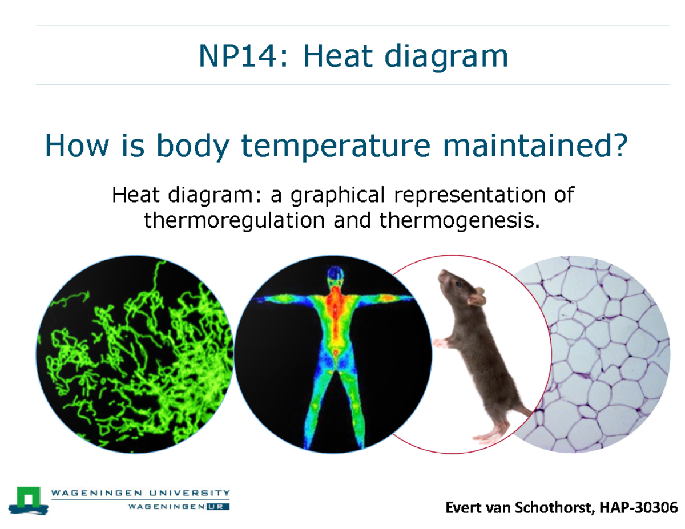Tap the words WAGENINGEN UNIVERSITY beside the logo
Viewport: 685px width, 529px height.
140,492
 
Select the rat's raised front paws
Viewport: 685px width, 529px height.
441,342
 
